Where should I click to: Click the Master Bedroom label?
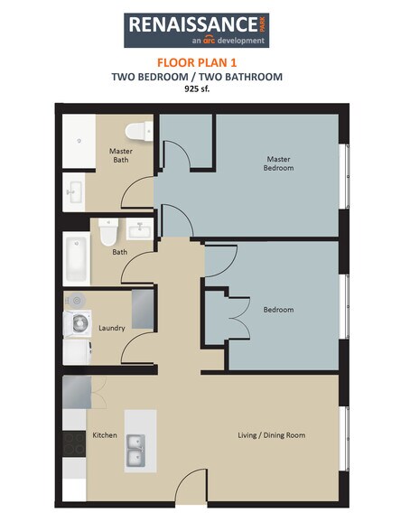pyautogui.click(x=277, y=163)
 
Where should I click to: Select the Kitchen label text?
pyautogui.click(x=105, y=435)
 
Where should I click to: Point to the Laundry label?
pyautogui.click(x=112, y=328)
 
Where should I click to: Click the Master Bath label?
pyautogui.click(x=119, y=155)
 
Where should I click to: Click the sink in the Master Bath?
pyautogui.click(x=74, y=191)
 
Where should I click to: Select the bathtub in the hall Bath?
pyautogui.click(x=76, y=258)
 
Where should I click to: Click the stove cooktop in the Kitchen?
pyautogui.click(x=74, y=444)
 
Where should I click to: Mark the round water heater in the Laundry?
pyautogui.click(x=76, y=300)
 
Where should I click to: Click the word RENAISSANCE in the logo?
pyautogui.click(x=191, y=23)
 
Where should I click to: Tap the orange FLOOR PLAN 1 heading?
pyautogui.click(x=196, y=62)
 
